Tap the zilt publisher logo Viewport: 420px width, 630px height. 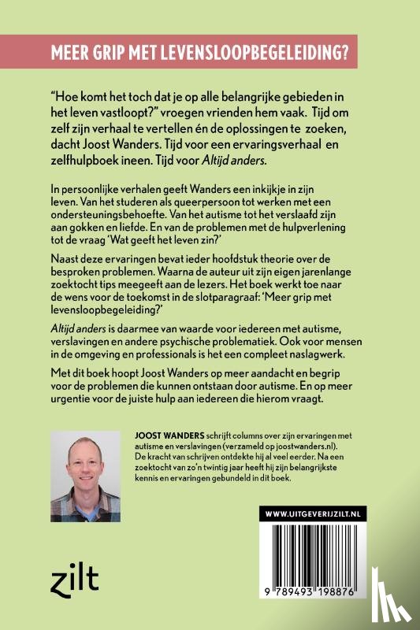point(76,580)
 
